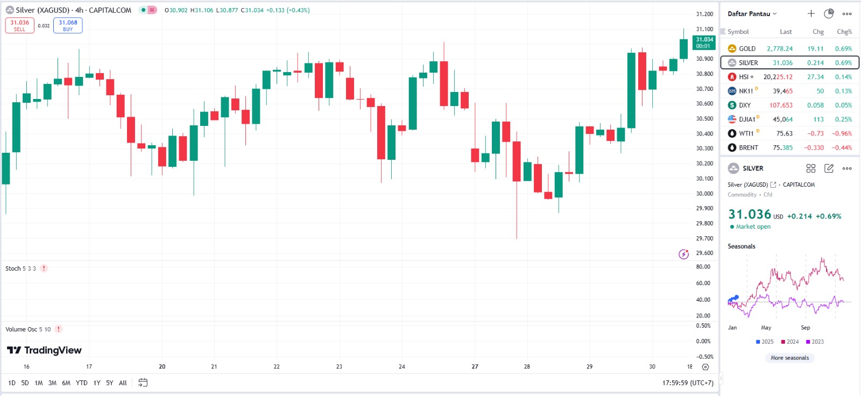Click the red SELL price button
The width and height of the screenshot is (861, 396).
pos(19,25)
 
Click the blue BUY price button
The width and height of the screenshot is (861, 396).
pos(68,25)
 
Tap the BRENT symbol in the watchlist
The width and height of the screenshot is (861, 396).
pos(748,147)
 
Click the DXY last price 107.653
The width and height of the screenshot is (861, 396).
pos(781,105)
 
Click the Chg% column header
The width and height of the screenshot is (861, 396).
pos(844,32)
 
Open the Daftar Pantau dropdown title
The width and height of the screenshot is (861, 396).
pos(752,14)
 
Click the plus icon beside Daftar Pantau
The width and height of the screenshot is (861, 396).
pos(811,14)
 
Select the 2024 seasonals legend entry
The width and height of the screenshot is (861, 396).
pos(790,342)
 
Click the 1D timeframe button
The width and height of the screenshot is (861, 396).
pos(12,383)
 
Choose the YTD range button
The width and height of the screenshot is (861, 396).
pos(81,383)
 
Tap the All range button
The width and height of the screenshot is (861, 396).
pos(123,383)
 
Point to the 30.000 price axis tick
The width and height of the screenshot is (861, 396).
pos(704,193)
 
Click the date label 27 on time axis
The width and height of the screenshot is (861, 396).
pos(475,366)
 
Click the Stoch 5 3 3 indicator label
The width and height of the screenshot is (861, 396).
pos(20,268)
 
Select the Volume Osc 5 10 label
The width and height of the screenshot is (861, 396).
pos(28,329)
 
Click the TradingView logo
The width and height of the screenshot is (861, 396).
pos(44,350)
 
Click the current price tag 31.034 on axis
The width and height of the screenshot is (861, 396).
pos(704,42)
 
